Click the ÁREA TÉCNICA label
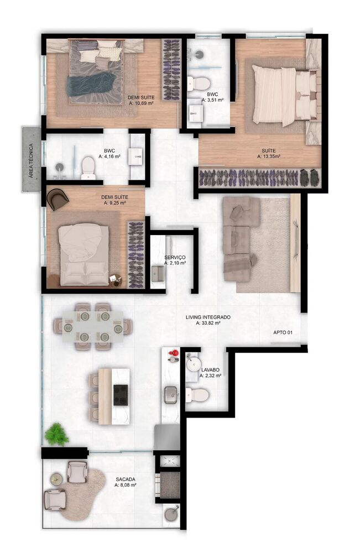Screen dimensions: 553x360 tap(32, 159)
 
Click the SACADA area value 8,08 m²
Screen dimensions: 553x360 tap(125, 485)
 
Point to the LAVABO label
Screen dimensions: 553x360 tap(212, 369)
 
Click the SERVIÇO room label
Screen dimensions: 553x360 tap(175, 258)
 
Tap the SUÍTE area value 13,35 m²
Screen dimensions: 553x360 tap(269, 156)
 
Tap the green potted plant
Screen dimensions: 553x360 tap(57, 434)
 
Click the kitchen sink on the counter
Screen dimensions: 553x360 tap(171, 394)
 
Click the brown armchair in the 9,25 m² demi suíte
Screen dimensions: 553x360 tap(57, 199)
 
